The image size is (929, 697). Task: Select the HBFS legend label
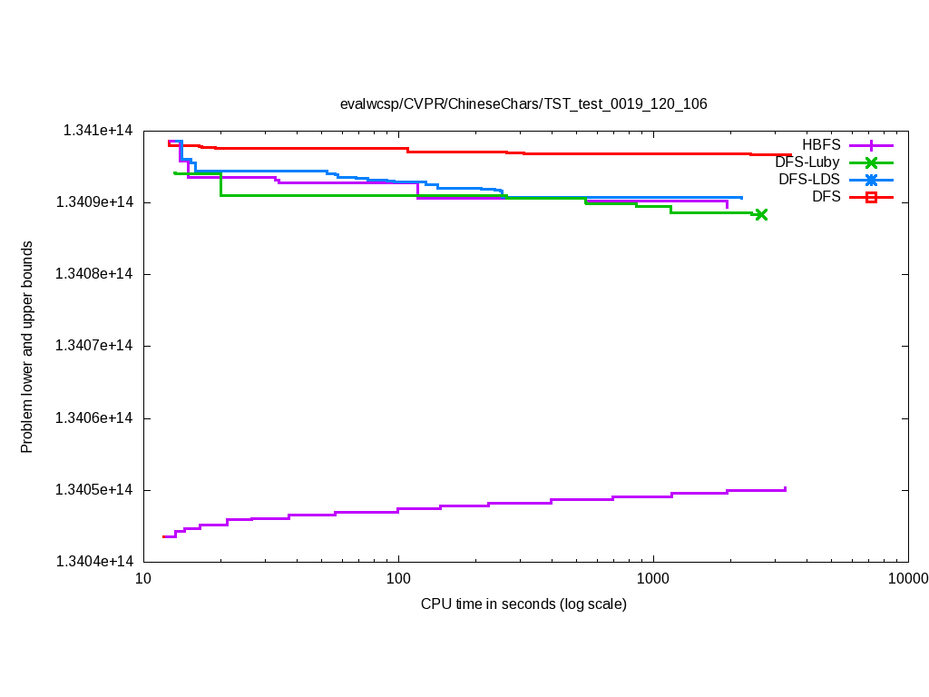(821, 144)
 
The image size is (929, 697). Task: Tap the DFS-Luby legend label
(807, 162)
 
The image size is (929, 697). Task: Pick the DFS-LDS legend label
(809, 180)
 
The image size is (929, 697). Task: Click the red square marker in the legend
(871, 197)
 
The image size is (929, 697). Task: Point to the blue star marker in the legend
(871, 180)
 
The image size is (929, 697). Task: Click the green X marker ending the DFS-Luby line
(761, 215)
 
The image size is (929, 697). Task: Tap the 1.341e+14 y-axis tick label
(98, 131)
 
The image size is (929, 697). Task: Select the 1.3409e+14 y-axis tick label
(94, 201)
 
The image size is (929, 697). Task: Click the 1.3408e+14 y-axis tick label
(94, 274)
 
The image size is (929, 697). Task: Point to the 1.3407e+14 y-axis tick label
(94, 346)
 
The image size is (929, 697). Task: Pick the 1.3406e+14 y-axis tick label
(94, 418)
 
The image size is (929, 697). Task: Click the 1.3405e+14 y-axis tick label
(94, 490)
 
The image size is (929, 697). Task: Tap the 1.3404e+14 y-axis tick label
(94, 562)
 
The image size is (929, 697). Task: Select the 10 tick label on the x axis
(143, 579)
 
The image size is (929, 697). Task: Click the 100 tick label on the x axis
(398, 579)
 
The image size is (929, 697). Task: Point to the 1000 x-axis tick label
(653, 579)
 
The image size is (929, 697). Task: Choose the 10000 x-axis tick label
(907, 579)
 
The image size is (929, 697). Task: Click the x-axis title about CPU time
(523, 604)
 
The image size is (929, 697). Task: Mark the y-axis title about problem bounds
(27, 348)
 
